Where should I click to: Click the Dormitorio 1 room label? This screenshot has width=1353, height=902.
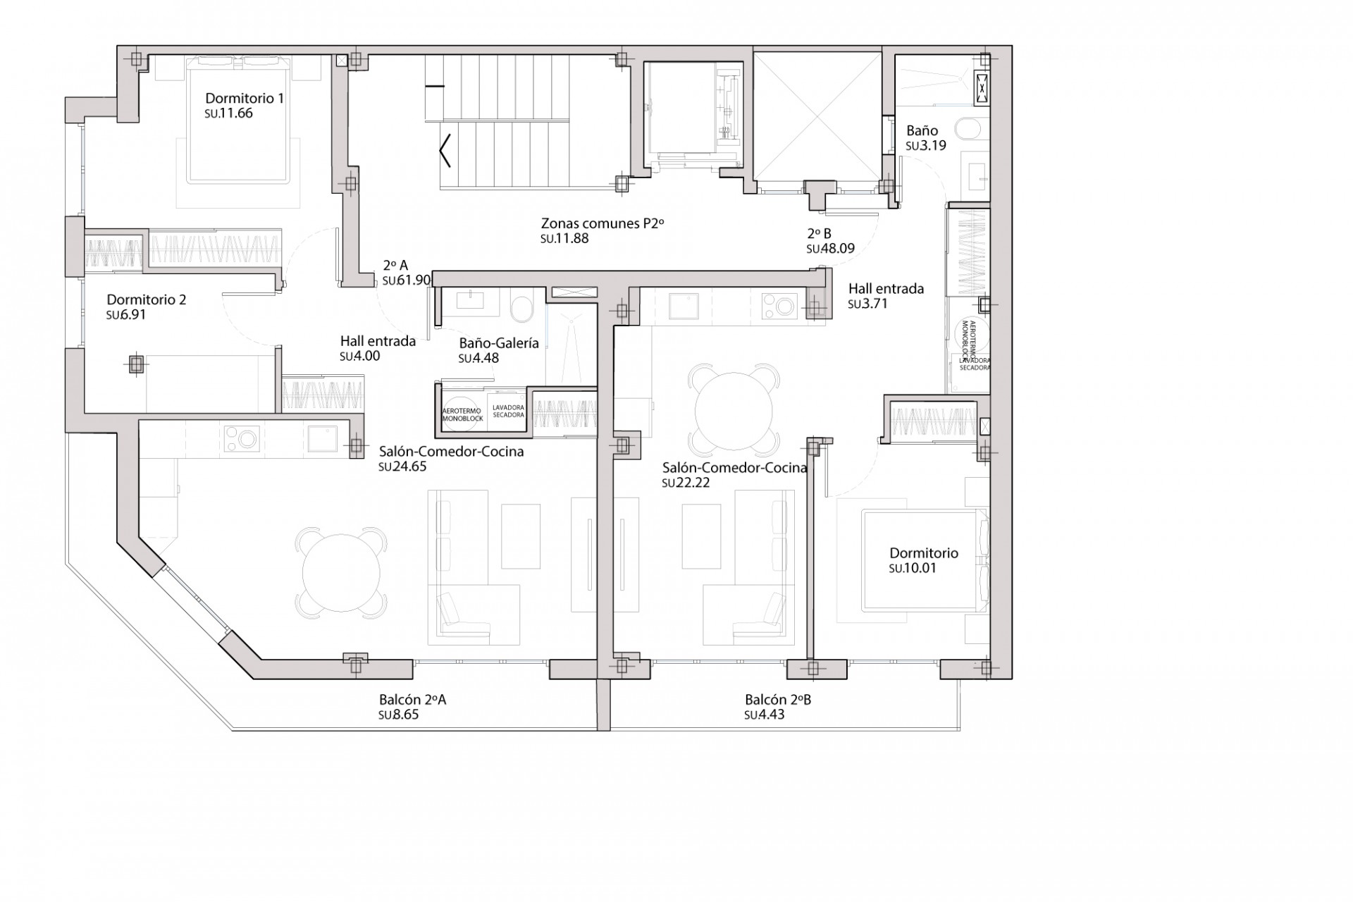244,98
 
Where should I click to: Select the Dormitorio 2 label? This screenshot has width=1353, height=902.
147,299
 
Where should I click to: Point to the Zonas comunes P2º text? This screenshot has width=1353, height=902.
603,223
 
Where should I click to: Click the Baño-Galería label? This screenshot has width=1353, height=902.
498,343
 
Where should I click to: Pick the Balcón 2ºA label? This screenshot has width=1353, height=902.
412,700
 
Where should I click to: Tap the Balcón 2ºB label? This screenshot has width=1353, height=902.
778,700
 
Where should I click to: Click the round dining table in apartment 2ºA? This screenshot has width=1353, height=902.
342,572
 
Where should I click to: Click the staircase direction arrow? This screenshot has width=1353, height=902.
445,150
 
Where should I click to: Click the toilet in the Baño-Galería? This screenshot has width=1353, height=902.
521,308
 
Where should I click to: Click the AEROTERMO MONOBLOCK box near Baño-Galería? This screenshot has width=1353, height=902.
462,414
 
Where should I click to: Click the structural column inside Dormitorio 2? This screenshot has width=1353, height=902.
136,364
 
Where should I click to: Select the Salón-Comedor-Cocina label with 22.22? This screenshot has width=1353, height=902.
734,467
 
